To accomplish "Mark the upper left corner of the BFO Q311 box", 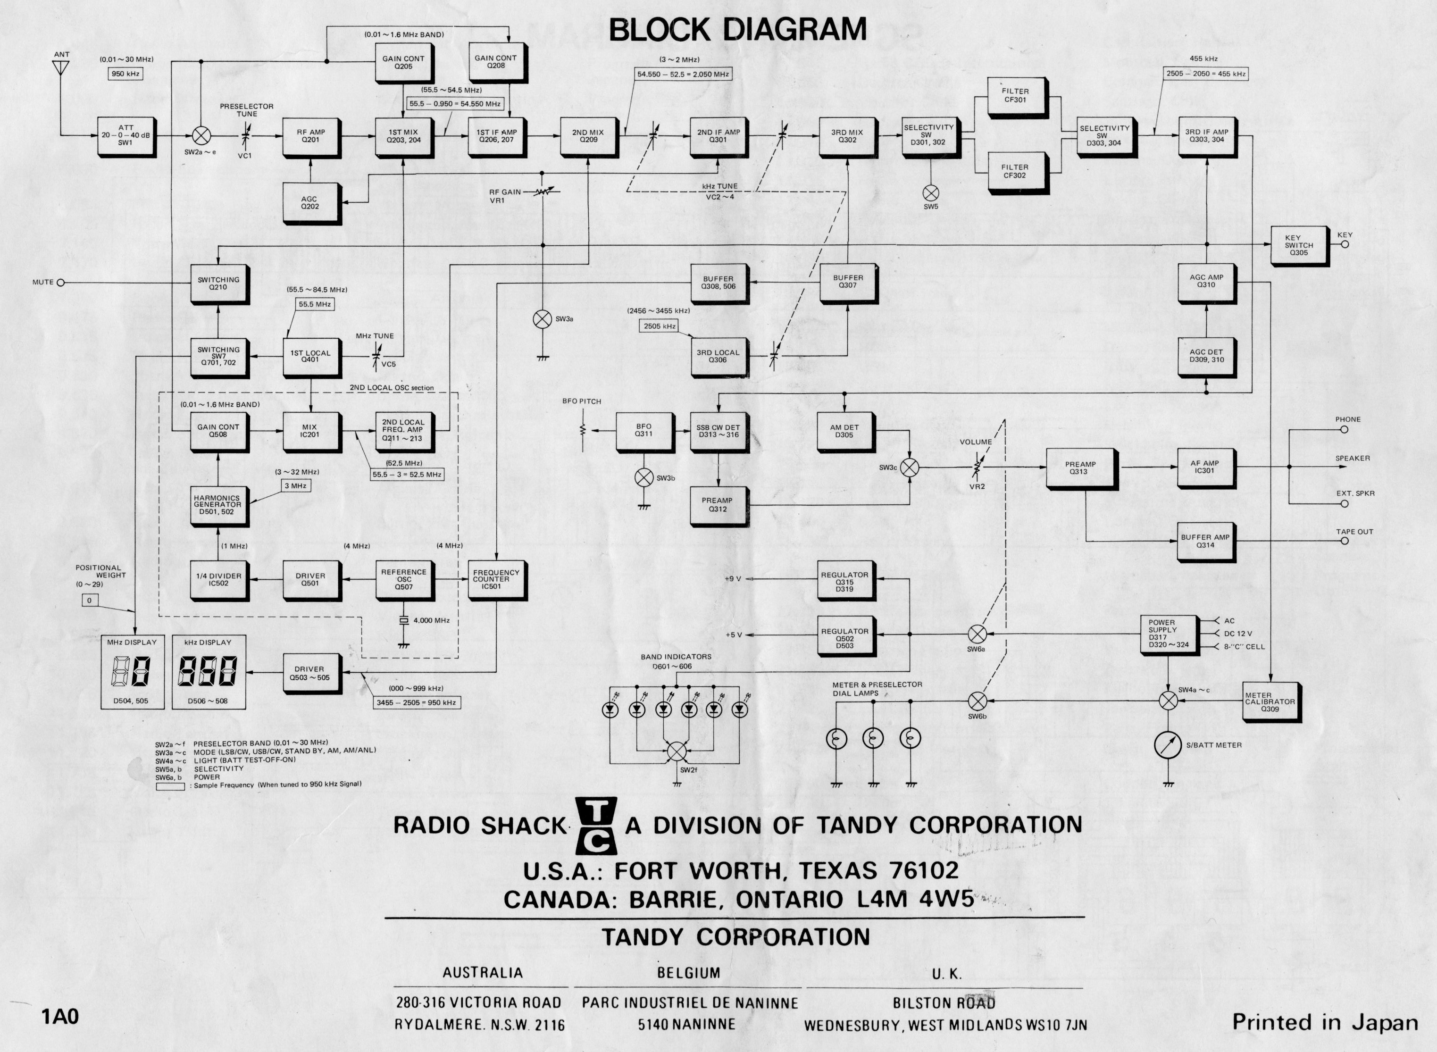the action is [616, 413].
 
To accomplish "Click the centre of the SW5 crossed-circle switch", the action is [931, 193].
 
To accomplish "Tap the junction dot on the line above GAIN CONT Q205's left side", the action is [326, 61].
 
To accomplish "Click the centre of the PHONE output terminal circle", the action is [1344, 430].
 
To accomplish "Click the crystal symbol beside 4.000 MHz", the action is [403, 620].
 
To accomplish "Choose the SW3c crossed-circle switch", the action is [910, 468].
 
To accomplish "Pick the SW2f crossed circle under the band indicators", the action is [677, 751].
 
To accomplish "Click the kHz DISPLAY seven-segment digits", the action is [208, 671].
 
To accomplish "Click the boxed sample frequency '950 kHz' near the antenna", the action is [125, 74].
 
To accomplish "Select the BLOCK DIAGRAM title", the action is [738, 30].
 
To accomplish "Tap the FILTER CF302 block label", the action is [1014, 171].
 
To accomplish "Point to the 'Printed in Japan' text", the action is [1325, 1023].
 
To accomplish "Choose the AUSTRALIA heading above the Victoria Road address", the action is [483, 972].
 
